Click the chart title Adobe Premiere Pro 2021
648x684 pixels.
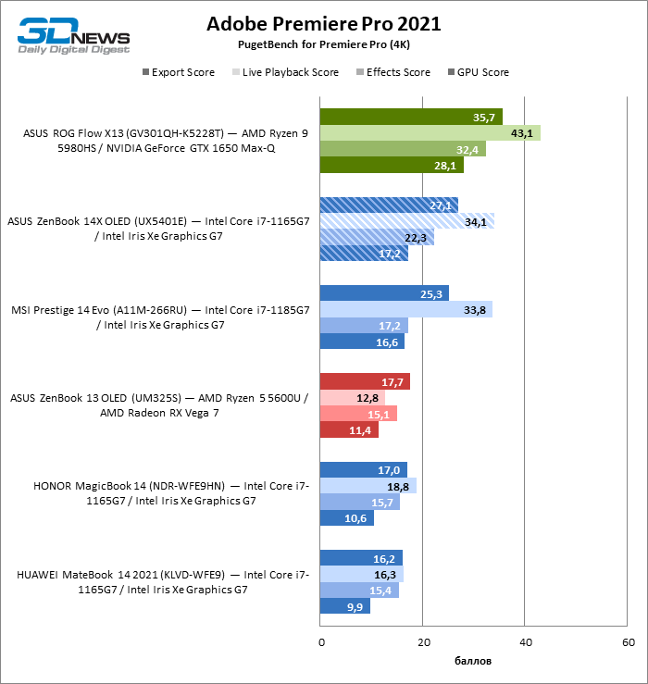click(x=323, y=23)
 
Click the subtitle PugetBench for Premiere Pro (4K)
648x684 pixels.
click(x=323, y=44)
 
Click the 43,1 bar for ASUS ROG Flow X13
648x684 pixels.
click(x=430, y=133)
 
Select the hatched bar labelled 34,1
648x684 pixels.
click(x=407, y=221)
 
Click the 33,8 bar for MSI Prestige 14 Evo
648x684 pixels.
click(x=405, y=309)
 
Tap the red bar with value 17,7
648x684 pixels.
click(x=365, y=381)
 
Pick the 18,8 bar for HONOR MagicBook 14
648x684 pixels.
click(x=368, y=486)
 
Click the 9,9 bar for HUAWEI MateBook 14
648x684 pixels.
click(x=344, y=606)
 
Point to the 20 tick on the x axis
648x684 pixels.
click(x=423, y=641)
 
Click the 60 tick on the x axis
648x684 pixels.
click(x=627, y=641)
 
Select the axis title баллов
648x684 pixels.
click(x=473, y=661)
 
